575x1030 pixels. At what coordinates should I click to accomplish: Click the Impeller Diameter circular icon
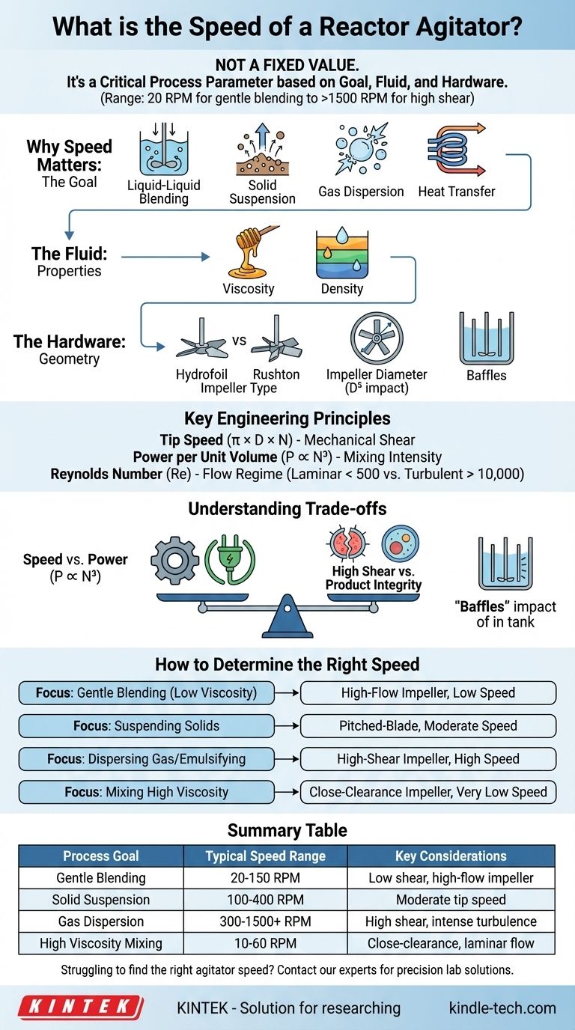(377, 341)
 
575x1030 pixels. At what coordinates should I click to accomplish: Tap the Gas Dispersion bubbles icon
(359, 150)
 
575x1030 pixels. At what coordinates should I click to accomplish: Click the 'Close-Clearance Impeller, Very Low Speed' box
(428, 792)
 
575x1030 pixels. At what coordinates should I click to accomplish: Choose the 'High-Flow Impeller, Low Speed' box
(428, 693)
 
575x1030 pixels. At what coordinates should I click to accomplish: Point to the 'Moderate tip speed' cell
(451, 900)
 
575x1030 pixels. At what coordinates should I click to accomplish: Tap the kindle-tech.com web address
(502, 1008)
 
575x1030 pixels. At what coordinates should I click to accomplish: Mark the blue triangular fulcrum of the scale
(287, 618)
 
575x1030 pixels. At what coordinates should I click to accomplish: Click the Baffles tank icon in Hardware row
(485, 338)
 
